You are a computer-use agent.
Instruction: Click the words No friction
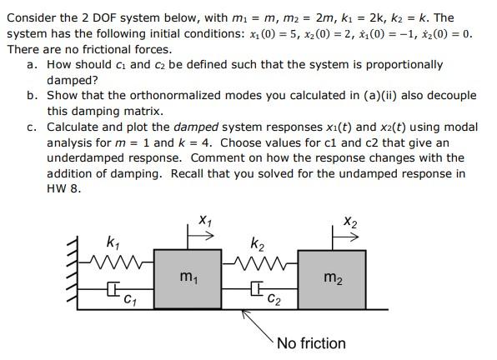[x=310, y=343]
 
